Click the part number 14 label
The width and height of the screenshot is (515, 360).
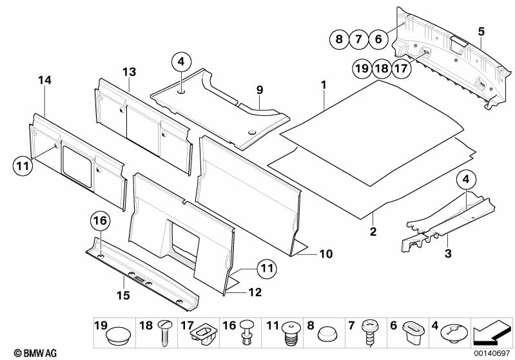click(x=44, y=81)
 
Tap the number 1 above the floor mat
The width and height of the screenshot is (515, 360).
click(x=324, y=84)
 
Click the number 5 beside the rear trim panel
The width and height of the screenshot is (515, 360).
click(x=480, y=31)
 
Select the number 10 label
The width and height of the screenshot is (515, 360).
click(x=326, y=254)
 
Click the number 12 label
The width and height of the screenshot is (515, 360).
click(x=255, y=292)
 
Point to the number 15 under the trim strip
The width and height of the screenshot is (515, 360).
click(x=122, y=296)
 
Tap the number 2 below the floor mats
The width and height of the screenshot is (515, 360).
click(x=373, y=230)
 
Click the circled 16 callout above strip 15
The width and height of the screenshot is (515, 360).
click(x=99, y=222)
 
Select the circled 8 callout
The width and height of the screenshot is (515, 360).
click(x=337, y=39)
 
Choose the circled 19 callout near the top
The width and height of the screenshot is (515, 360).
click(x=361, y=68)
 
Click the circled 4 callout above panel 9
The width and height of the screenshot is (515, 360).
click(x=181, y=62)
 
